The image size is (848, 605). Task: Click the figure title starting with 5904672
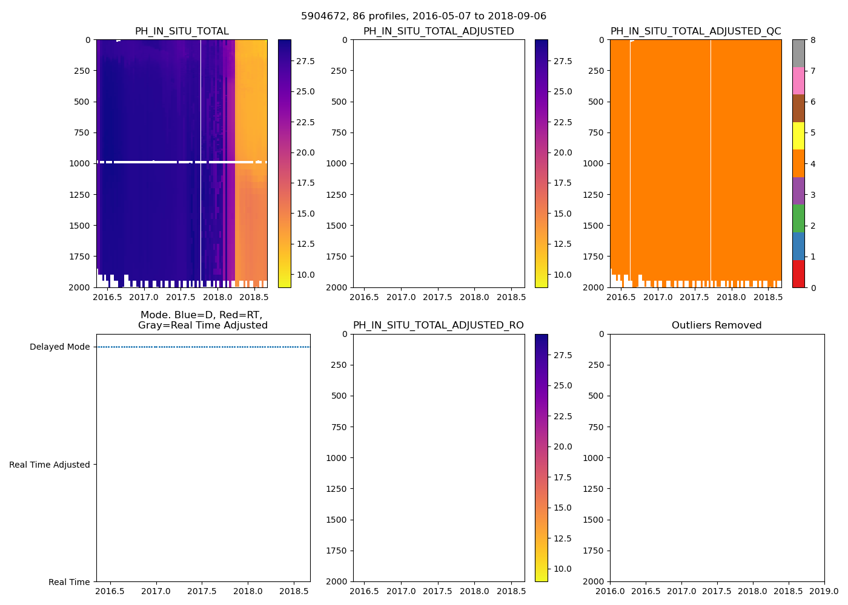pos(423,16)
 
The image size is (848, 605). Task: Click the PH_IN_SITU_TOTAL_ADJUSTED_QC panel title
pos(695,31)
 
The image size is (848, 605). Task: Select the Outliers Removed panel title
pos(717,325)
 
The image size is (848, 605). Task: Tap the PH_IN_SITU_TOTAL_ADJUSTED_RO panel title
pos(439,325)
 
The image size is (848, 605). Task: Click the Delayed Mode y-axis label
pos(59,347)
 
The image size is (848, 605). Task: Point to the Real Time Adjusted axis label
pos(50,465)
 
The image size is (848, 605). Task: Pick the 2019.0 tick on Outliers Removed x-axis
pos(824,590)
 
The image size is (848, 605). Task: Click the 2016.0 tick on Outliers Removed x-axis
pos(610,590)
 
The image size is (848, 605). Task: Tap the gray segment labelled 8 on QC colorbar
pos(798,53)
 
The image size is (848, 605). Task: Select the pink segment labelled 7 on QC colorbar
pos(798,81)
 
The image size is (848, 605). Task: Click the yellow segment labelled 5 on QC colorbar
pos(798,136)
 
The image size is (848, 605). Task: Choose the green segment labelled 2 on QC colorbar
pos(798,218)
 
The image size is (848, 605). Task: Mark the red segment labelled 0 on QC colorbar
pos(798,273)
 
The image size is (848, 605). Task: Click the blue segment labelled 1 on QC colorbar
pos(798,246)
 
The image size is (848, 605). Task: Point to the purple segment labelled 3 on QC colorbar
pos(798,191)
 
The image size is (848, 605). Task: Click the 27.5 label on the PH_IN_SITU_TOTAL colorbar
pos(305,61)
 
